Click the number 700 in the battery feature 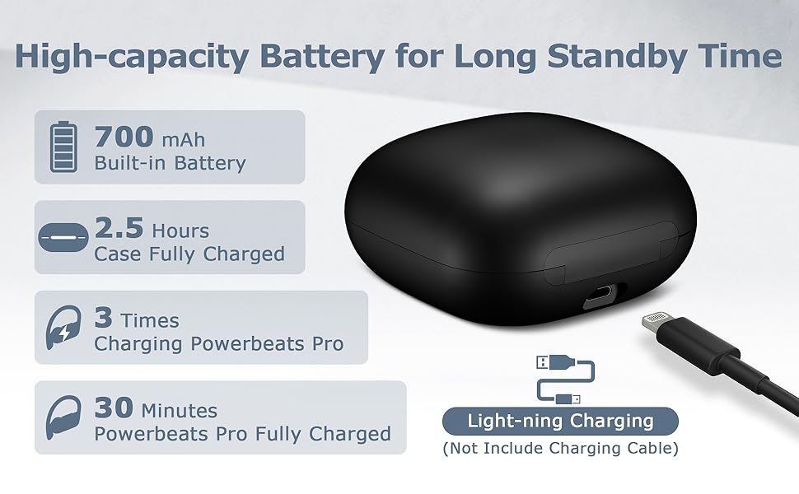(124, 136)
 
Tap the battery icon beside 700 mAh (63, 147)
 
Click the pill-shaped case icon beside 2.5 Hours (63, 238)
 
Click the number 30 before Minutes (114, 408)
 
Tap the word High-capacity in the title (131, 58)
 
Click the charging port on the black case (604, 296)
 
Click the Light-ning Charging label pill (560, 422)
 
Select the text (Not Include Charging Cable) (560, 449)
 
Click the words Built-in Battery (170, 163)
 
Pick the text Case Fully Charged (189, 254)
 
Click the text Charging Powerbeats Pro (218, 343)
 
